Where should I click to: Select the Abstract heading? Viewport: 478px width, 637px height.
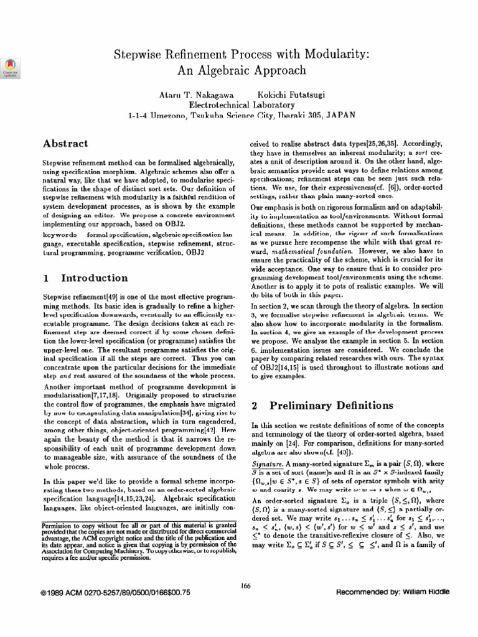click(x=65, y=144)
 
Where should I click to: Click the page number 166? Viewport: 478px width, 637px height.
click(x=244, y=584)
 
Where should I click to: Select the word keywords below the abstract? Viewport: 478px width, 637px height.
click(x=60, y=235)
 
